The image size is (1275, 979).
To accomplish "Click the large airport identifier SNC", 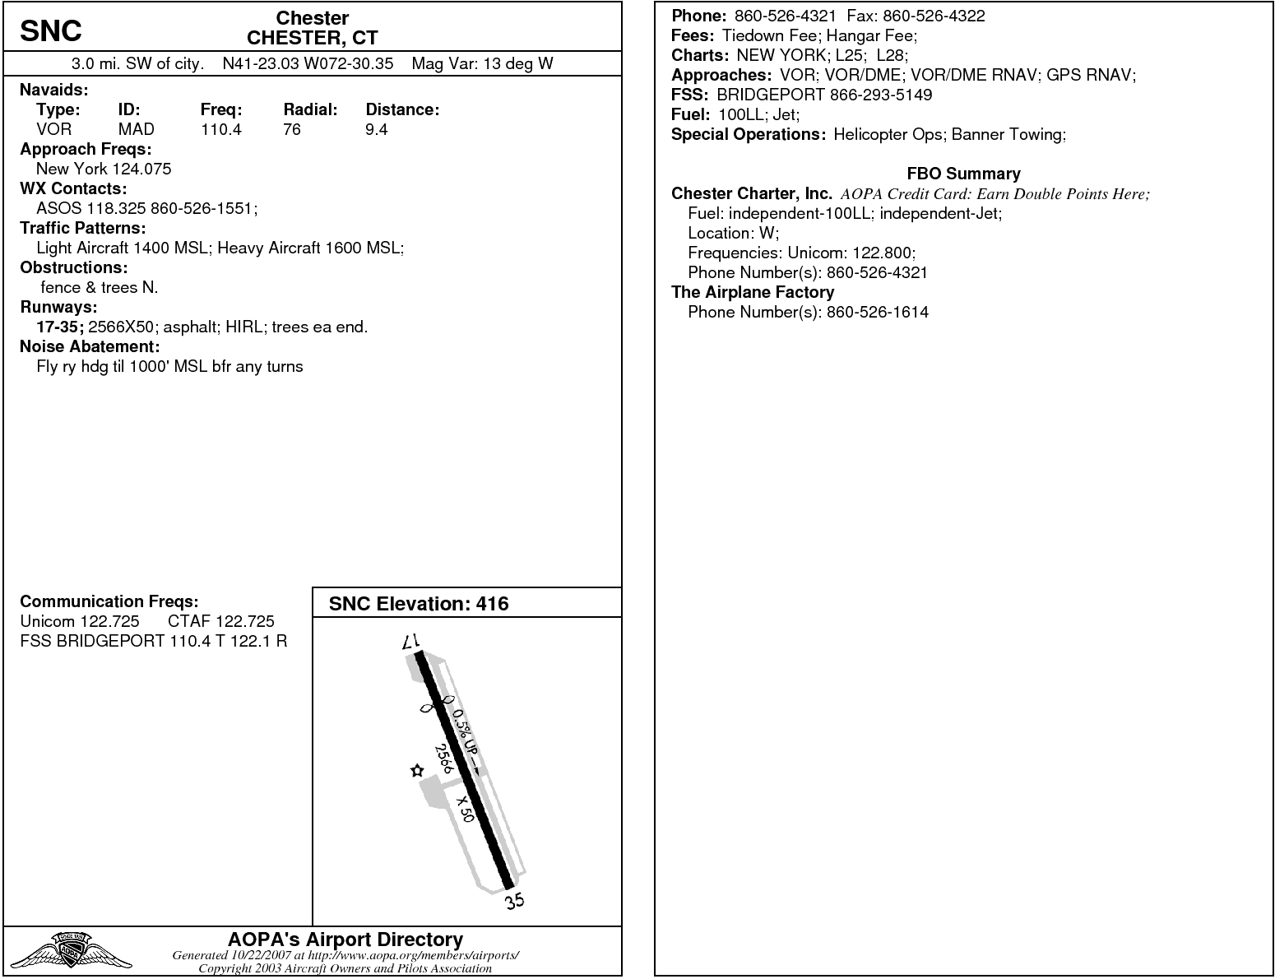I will (x=51, y=31).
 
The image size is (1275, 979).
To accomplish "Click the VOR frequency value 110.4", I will (x=220, y=129).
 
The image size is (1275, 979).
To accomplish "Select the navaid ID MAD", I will (x=136, y=129).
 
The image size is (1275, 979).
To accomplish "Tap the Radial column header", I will (x=310, y=109).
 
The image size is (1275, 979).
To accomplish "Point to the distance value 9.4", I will (x=376, y=129).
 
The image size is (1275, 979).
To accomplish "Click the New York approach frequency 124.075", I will (x=141, y=169).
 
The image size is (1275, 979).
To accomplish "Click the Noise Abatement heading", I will (x=89, y=346).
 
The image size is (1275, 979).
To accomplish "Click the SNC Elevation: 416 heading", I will (x=419, y=604).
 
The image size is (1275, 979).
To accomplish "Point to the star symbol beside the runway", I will (x=417, y=771).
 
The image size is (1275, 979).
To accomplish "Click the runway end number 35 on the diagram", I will (x=515, y=901).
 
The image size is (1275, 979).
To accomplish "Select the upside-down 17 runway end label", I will (x=411, y=642).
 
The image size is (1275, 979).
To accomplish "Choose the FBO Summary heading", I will (x=963, y=174).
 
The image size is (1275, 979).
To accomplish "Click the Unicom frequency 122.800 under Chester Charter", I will (x=883, y=253).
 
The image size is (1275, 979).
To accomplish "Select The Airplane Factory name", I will (x=752, y=292).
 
